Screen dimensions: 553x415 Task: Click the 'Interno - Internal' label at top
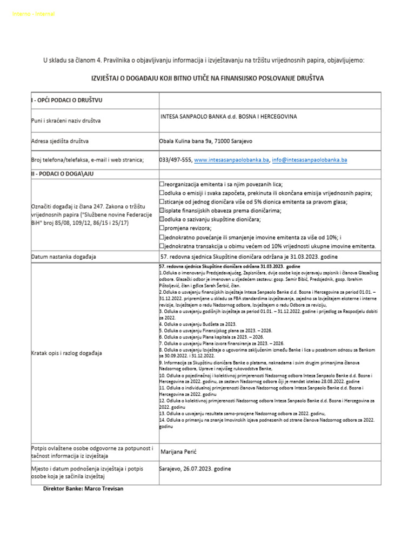[x=33, y=14]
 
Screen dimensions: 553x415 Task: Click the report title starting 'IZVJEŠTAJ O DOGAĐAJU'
[x=207, y=78]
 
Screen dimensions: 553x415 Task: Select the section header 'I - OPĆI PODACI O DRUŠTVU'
[x=67, y=100]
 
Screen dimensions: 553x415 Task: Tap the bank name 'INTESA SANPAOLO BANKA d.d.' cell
[x=229, y=117]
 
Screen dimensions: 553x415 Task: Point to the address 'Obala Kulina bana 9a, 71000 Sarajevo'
[x=205, y=141]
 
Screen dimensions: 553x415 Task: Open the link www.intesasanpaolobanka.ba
[x=231, y=160]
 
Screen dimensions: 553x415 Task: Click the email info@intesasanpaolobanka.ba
[x=309, y=160]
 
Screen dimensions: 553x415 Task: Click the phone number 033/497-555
[x=176, y=160]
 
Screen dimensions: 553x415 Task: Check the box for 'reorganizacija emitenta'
[x=162, y=184]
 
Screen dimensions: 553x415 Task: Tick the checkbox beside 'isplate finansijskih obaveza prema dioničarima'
[x=162, y=211]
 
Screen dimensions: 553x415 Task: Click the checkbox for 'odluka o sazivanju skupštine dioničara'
[x=162, y=219]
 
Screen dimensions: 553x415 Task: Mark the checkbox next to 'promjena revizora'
[x=162, y=228]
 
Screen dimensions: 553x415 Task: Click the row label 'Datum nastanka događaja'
[x=64, y=257]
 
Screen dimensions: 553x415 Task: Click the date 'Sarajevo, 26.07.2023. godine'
[x=195, y=469]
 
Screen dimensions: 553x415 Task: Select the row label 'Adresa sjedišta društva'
[x=60, y=141]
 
